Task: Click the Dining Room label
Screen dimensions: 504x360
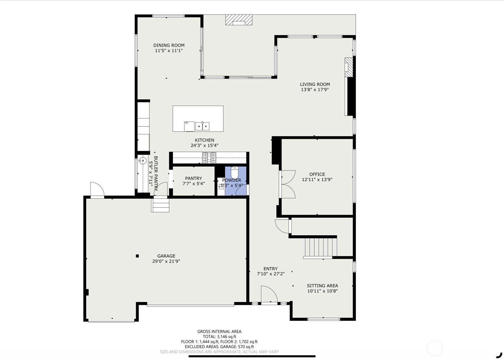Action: coord(169,45)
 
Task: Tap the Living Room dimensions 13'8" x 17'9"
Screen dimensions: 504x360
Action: coord(315,90)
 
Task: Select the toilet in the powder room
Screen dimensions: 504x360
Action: coord(234,172)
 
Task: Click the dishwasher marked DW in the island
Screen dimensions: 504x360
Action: coord(189,126)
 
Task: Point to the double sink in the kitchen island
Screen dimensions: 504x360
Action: coord(202,126)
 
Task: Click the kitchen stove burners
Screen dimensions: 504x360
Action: coord(209,158)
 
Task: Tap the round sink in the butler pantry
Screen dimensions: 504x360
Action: coord(142,161)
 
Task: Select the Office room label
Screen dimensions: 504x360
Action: coord(317,174)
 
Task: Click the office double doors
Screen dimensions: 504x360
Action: coord(287,184)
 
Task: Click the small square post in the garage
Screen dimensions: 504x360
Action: coord(137,256)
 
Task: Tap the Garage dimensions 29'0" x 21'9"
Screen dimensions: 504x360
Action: coord(166,261)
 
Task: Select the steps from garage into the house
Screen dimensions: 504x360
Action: coord(160,205)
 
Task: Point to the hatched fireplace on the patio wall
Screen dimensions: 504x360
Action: coord(239,20)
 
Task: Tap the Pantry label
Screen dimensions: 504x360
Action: coord(193,178)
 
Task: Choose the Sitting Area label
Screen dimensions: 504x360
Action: coord(323,286)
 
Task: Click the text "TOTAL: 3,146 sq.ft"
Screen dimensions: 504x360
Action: coord(219,337)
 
